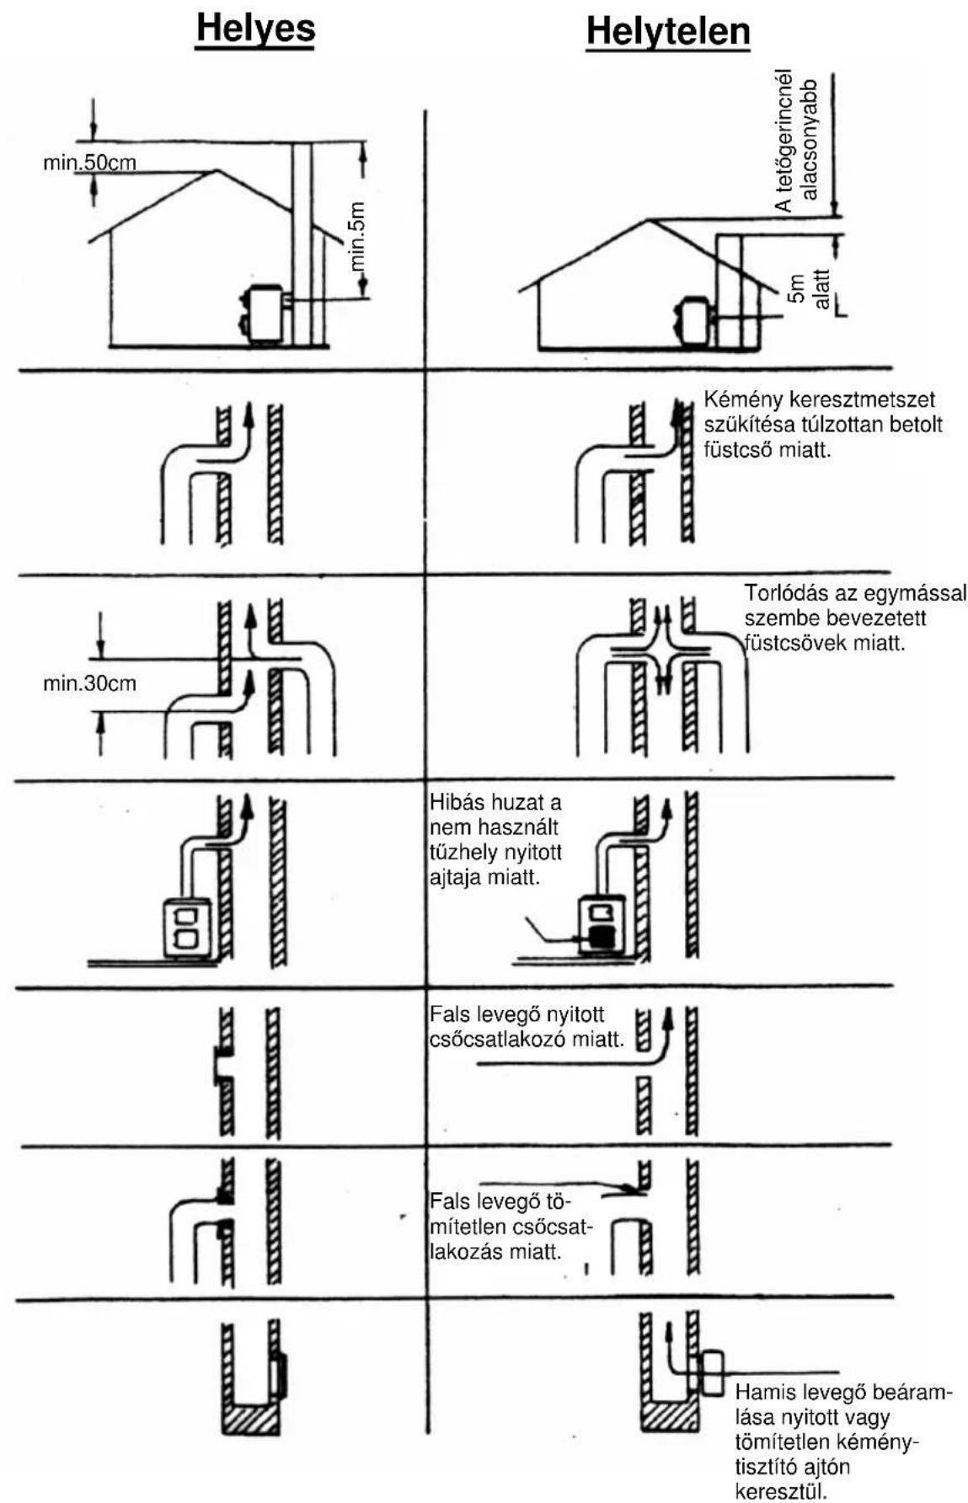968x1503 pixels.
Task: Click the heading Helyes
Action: point(255,29)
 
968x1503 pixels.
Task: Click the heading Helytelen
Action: point(668,32)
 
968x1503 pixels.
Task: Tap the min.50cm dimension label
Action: point(89,163)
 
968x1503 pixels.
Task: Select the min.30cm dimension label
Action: point(89,683)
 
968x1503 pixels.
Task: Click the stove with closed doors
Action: point(188,928)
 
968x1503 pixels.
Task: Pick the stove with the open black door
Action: point(601,923)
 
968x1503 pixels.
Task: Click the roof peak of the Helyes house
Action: point(218,171)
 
